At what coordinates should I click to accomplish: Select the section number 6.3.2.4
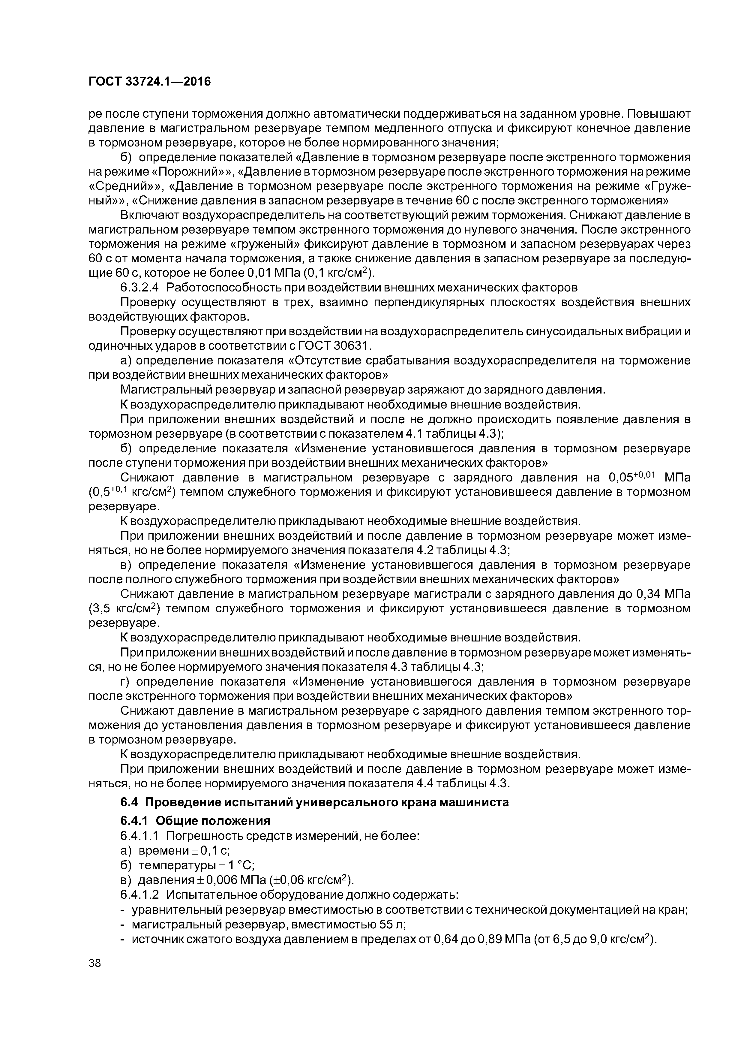point(141,288)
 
